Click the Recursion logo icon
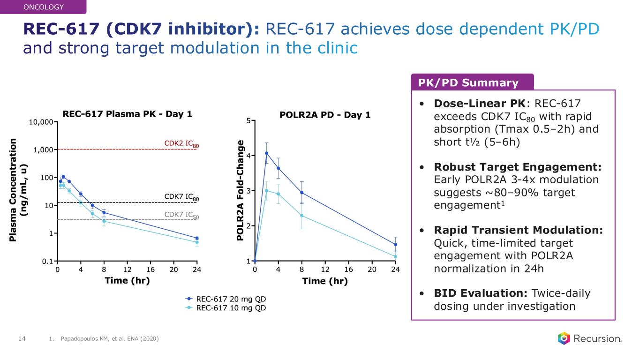[x=563, y=338]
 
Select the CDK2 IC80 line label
[x=181, y=143]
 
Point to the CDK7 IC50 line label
[x=181, y=215]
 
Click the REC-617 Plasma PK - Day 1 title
[x=128, y=114]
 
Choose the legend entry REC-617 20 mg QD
[x=227, y=299]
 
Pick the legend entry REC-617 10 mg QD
[x=227, y=308]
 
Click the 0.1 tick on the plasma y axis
[x=46, y=261]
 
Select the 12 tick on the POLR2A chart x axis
[x=325, y=270]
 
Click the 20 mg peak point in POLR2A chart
[x=267, y=153]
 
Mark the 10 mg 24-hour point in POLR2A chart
[x=395, y=256]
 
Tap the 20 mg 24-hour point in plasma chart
[x=197, y=238]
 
